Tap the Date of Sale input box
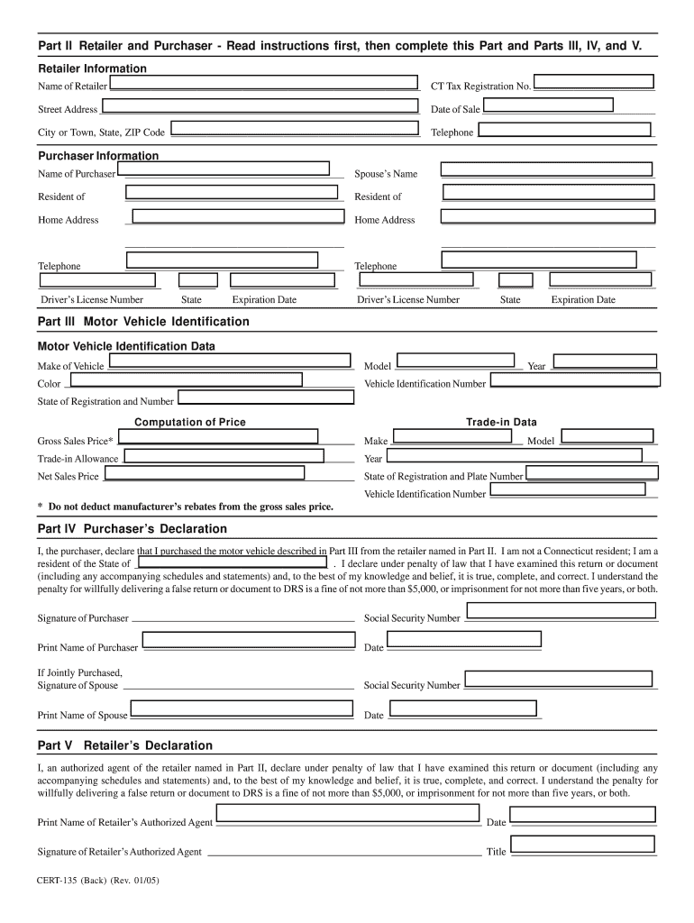[547, 105]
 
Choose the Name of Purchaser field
[223, 169]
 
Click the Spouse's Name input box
[544, 169]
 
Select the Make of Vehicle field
[229, 361]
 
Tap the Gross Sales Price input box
[218, 436]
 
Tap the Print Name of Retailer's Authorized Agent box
[348, 814]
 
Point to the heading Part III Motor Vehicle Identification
[143, 322]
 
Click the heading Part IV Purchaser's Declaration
[132, 529]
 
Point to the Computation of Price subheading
[190, 422]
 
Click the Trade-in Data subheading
[501, 422]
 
